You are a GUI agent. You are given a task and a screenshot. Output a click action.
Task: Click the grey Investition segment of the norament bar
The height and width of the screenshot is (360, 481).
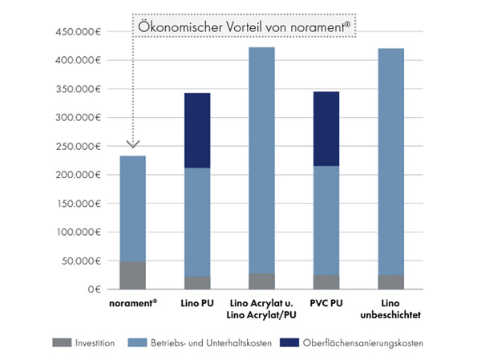[132, 275]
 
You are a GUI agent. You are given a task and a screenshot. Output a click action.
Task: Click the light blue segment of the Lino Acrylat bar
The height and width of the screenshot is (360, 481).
[261, 160]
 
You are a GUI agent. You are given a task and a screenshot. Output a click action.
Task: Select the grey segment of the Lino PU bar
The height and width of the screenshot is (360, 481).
[197, 283]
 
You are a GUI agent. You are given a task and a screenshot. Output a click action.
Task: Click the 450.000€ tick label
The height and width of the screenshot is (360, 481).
[78, 32]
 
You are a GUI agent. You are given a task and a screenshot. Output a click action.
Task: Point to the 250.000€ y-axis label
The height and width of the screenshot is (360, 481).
[78, 146]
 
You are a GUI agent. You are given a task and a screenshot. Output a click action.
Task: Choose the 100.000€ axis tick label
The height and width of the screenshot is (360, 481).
[78, 232]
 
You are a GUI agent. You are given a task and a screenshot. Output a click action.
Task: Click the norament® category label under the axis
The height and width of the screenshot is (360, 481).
[132, 303]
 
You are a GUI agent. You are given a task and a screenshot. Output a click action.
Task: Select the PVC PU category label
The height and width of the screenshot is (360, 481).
[325, 303]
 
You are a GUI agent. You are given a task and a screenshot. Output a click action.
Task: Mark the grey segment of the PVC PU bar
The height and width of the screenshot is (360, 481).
[325, 282]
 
